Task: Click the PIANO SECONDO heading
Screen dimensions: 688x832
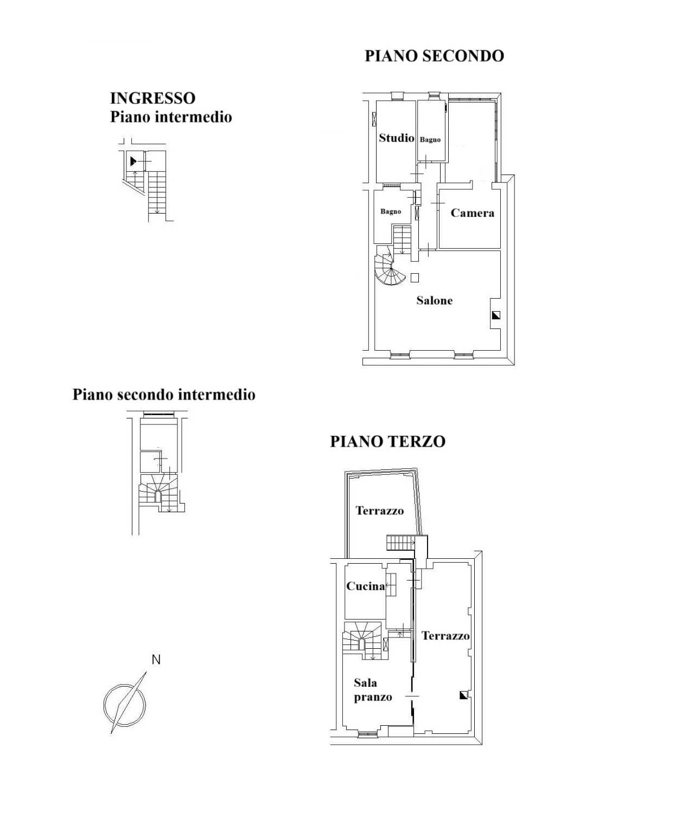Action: click(434, 56)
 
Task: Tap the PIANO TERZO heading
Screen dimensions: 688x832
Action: click(387, 442)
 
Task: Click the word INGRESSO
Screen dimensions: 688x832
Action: click(153, 98)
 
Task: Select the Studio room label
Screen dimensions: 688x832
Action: click(397, 138)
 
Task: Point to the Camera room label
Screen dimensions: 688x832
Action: click(472, 213)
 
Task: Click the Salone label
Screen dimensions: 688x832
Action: click(434, 300)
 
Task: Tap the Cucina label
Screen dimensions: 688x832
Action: click(365, 586)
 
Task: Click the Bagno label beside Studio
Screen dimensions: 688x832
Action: click(430, 140)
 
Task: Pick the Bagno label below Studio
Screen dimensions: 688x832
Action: click(391, 211)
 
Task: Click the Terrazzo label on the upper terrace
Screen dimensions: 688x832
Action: click(380, 511)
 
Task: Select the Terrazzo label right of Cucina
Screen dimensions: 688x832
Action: click(445, 636)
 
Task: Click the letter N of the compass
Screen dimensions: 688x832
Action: click(156, 660)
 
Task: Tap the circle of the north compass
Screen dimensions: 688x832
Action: click(104, 704)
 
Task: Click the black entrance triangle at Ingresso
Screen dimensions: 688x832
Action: click(133, 162)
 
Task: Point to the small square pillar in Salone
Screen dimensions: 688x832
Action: click(415, 278)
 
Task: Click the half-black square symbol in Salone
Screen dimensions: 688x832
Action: click(496, 315)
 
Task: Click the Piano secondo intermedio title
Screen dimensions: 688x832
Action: click(164, 395)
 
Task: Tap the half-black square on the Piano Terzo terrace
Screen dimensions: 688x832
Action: click(463, 695)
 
